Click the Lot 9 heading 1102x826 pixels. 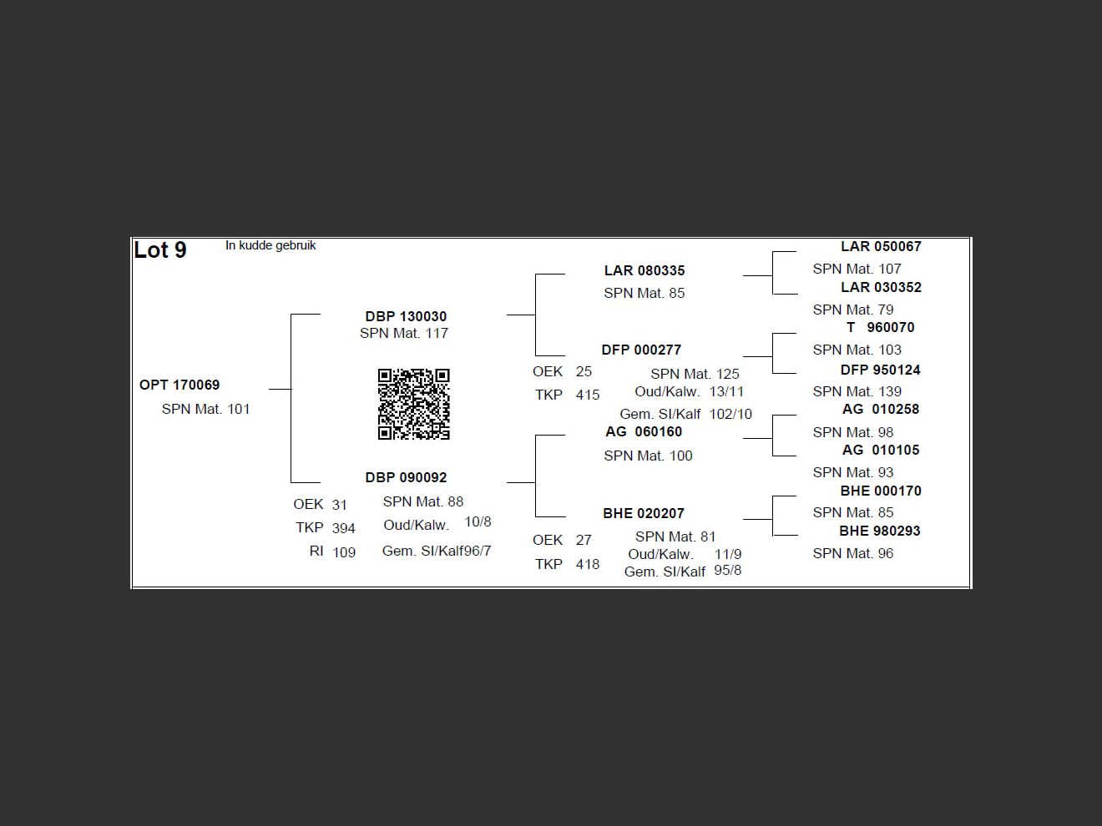[160, 250]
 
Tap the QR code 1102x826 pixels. [413, 404]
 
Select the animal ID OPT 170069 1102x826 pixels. [179, 385]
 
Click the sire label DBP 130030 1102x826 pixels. [406, 316]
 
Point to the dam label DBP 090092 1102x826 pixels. [406, 477]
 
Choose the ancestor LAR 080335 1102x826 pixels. [645, 270]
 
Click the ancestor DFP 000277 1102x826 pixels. [641, 350]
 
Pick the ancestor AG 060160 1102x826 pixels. [644, 431]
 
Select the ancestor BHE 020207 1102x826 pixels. [644, 513]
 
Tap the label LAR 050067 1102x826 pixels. [881, 246]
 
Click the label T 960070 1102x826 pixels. [880, 327]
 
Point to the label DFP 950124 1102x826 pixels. [880, 370]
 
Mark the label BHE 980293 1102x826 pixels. [880, 531]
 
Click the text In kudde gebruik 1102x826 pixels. [270, 245]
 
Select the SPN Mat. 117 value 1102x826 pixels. [404, 333]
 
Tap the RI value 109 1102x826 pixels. [344, 552]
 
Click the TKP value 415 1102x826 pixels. [588, 395]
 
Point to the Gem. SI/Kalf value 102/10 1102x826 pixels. [730, 414]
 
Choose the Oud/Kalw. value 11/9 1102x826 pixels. [728, 554]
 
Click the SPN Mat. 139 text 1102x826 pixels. [857, 391]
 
